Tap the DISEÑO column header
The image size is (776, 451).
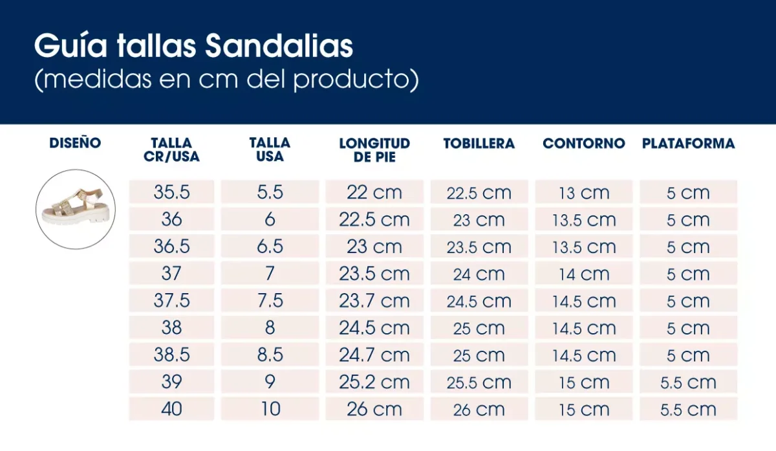[x=75, y=143]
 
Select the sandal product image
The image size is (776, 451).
[x=76, y=209]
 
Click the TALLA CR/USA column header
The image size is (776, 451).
[x=171, y=149]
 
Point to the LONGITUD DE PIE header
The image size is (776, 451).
[x=374, y=149]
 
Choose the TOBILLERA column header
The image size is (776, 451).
[x=479, y=144]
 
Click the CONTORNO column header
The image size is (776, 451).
[x=584, y=144]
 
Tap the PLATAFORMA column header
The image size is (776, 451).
[x=688, y=144]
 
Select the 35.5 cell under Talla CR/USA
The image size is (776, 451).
[x=171, y=193]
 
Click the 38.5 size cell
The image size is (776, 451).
[x=171, y=355]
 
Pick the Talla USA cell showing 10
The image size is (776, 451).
[x=270, y=409]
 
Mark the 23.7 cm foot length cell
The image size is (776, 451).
[x=374, y=301]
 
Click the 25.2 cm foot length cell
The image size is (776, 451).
[x=374, y=382]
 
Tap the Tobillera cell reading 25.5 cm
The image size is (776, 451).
[x=479, y=382]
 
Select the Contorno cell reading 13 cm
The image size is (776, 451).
[x=584, y=193]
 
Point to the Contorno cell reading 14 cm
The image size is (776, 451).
[x=584, y=274]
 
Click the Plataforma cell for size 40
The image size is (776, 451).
[x=688, y=409]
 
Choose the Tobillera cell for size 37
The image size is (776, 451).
[x=479, y=274]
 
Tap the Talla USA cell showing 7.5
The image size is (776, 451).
[x=270, y=301]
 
